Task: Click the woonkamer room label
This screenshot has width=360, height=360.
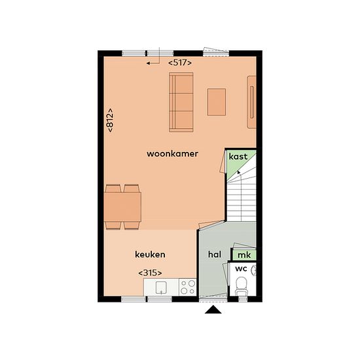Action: (172, 154)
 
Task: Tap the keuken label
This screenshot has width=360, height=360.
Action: (150, 255)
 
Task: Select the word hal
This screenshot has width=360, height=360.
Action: (215, 255)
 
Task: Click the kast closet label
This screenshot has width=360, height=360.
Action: (238, 156)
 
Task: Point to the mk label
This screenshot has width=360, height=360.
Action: (244, 255)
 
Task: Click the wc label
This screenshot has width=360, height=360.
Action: (241, 268)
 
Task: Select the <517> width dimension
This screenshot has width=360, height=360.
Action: (180, 63)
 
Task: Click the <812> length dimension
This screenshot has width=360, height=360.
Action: (110, 120)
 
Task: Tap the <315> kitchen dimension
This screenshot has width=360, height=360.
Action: (150, 273)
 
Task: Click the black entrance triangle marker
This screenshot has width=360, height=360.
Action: (213, 310)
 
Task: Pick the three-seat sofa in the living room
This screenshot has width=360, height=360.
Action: (181, 102)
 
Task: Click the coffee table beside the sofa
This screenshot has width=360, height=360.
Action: (217, 102)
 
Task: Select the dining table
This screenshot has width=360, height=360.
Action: (122, 207)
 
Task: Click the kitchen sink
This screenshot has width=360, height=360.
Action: (161, 288)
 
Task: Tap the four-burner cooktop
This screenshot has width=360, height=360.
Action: (188, 287)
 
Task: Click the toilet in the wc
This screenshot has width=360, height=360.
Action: (242, 286)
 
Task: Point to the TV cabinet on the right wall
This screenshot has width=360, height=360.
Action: (251, 102)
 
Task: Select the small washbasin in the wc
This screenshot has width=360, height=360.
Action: (254, 270)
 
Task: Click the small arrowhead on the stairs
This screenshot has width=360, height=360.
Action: (239, 172)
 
